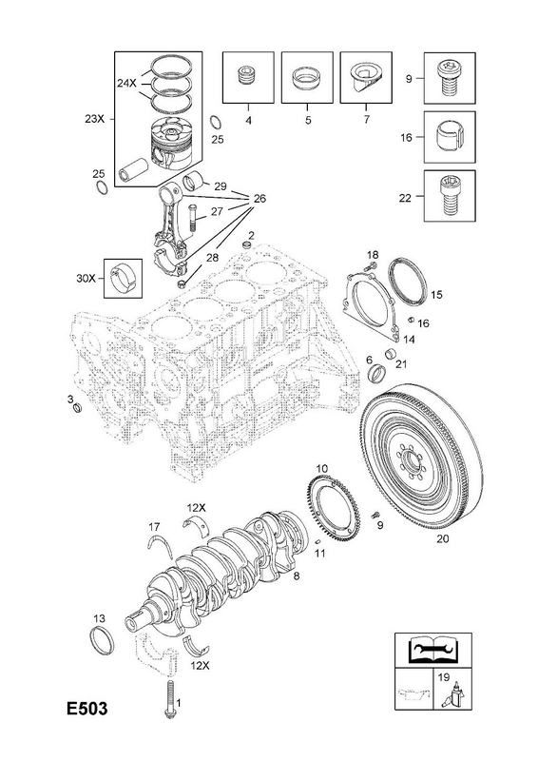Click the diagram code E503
click(x=87, y=708)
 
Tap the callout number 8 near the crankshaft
click(x=297, y=576)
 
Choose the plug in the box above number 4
click(x=248, y=76)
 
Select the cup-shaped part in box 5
click(x=307, y=79)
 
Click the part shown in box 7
click(x=365, y=78)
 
